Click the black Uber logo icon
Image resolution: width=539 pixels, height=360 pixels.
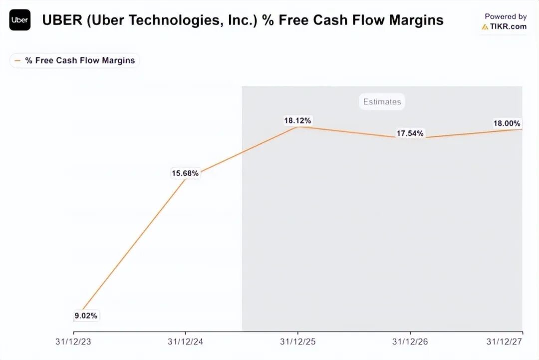pyautogui.click(x=20, y=20)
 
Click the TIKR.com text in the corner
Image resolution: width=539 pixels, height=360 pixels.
pyautogui.click(x=508, y=26)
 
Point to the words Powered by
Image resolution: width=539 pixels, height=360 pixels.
pyautogui.click(x=506, y=16)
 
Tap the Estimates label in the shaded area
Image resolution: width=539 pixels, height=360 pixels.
pyautogui.click(x=382, y=102)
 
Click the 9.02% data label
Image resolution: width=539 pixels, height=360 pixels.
pyautogui.click(x=86, y=316)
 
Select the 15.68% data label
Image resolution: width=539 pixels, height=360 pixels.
pyautogui.click(x=185, y=173)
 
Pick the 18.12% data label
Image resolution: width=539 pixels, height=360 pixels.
pyautogui.click(x=297, y=120)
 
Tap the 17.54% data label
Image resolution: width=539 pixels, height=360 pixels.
pyautogui.click(x=410, y=133)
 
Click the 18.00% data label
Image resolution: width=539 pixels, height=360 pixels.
pyautogui.click(x=507, y=123)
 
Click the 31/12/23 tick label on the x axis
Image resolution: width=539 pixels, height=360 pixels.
pyautogui.click(x=74, y=342)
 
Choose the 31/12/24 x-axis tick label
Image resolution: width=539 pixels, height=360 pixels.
pyautogui.click(x=186, y=342)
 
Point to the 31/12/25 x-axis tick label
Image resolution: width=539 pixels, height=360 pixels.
pyautogui.click(x=298, y=342)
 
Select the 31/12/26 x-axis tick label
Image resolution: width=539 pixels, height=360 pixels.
pyautogui.click(x=410, y=342)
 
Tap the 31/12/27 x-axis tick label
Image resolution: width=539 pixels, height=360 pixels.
pyautogui.click(x=505, y=342)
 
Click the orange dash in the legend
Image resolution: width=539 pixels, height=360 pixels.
pyautogui.click(x=18, y=60)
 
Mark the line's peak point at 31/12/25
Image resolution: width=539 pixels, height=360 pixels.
pyautogui.click(x=298, y=127)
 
